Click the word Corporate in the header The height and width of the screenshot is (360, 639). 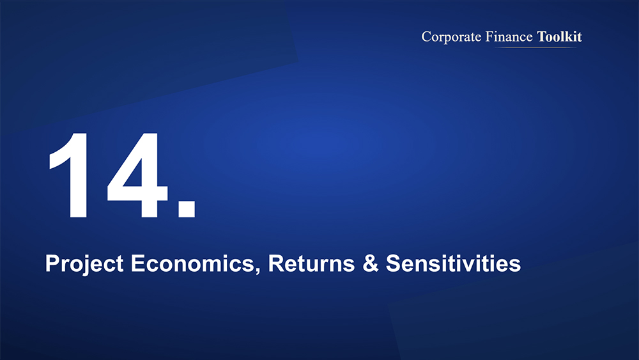click(451, 37)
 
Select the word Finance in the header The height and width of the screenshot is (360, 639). click(509, 36)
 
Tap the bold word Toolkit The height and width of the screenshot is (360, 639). click(560, 36)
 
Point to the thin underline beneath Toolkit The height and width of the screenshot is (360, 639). click(536, 47)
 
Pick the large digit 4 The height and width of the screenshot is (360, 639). click(137, 176)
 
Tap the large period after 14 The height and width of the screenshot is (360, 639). click(187, 208)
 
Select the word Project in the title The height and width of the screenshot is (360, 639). click(84, 264)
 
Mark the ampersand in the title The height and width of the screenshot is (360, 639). click(370, 263)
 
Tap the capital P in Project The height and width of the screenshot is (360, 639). click(52, 263)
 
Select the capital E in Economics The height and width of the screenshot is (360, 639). click(138, 263)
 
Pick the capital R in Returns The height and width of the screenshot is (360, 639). click(276, 263)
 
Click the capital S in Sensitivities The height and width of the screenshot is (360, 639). click(393, 263)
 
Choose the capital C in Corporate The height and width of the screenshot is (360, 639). click(426, 36)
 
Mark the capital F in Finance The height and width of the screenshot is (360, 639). click(489, 36)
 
